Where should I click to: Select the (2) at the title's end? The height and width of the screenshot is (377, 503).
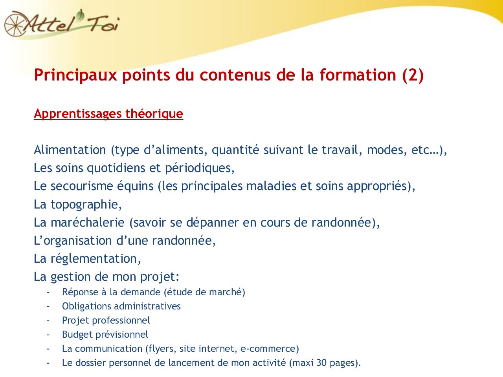tap(413, 75)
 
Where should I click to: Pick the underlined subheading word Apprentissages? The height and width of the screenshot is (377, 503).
tap(78, 113)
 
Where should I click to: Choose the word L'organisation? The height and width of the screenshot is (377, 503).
tap(73, 241)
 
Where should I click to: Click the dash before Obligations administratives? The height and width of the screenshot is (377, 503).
tap(48, 306)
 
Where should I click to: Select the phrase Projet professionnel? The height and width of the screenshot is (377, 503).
tap(106, 320)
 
